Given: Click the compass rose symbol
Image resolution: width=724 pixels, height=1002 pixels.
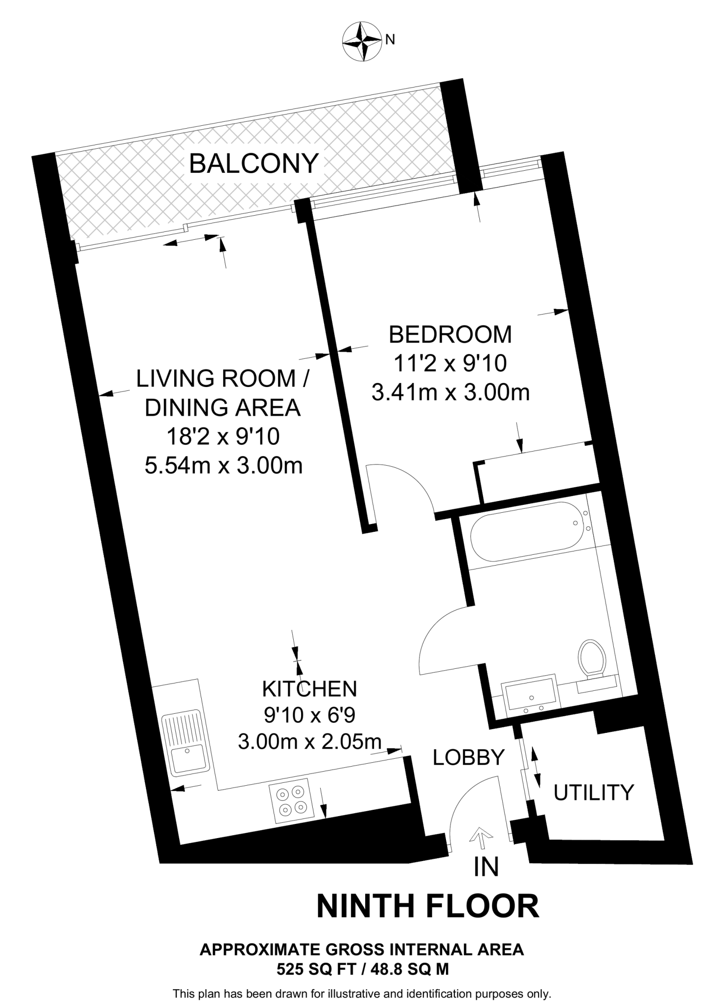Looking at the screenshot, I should (362, 41).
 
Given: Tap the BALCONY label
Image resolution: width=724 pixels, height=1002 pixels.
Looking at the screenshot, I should (254, 163).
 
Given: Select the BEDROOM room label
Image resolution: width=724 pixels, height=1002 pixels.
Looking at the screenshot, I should (450, 335).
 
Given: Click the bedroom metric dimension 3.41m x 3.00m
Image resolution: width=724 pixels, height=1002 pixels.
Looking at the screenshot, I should (450, 392).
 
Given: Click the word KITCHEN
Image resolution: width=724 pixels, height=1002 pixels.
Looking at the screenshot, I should (309, 689).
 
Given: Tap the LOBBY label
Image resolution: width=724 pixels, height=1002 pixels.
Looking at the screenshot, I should (468, 757).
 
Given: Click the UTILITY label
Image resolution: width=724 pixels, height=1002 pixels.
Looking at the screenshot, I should (593, 792).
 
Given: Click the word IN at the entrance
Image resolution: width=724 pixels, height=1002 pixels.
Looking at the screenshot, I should (486, 867).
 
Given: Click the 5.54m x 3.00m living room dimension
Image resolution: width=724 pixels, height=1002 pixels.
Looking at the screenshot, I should (223, 466).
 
